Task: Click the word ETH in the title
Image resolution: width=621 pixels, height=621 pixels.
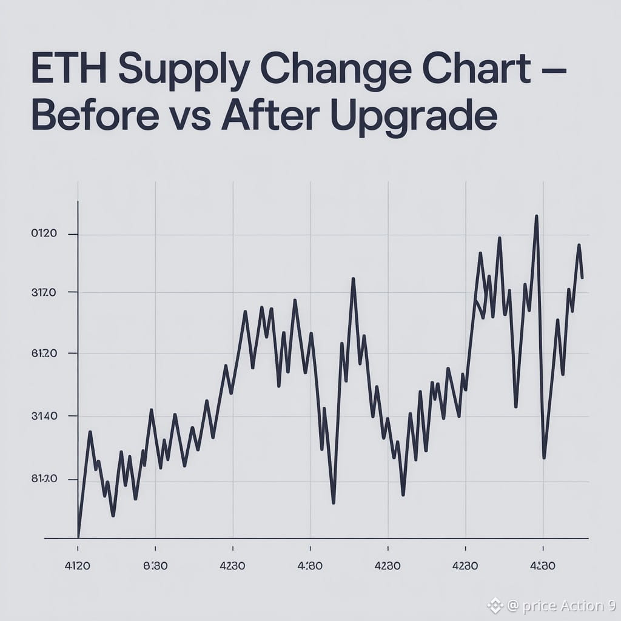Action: coord(69,71)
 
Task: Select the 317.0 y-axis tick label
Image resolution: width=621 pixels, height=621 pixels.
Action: coord(44,292)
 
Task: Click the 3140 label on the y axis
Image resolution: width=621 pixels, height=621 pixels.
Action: coord(44,416)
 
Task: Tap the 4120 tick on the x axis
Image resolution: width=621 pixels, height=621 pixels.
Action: coord(78,566)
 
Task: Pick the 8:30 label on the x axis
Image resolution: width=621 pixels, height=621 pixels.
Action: coord(155,566)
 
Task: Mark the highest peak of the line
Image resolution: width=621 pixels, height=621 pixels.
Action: coord(537,216)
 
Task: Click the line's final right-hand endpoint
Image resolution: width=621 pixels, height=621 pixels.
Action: coord(582,278)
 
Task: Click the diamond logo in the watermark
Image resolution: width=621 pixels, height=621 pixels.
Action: coord(495,605)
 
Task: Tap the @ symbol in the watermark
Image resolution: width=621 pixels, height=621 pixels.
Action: coord(512,605)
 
